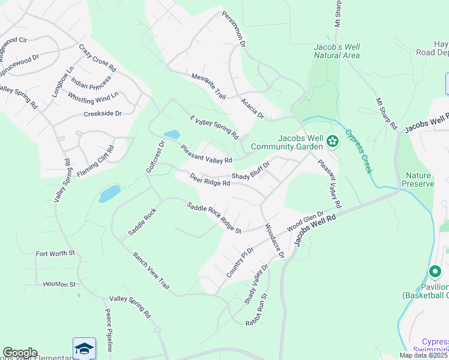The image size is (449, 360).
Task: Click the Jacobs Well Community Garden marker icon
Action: pos(332,142)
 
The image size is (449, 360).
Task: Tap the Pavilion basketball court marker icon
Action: pos(436,272)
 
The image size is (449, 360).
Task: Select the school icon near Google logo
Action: pos(84,349)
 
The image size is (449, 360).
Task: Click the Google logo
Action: pos(20,353)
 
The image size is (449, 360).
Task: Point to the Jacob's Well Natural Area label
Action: pos(337,51)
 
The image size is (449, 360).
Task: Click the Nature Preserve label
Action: pos(419,179)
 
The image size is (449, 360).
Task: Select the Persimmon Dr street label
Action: pos(234,29)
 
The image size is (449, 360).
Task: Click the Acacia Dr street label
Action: pos(252,108)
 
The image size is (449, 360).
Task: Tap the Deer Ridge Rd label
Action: pos(209,180)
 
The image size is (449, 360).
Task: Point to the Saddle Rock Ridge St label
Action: pos(214,218)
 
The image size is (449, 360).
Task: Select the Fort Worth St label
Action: pos(55,253)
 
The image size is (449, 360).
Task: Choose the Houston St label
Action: pos(58,284)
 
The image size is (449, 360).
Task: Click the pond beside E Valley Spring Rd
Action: pos(171,134)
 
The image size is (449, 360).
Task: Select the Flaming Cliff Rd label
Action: pos(95,161)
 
